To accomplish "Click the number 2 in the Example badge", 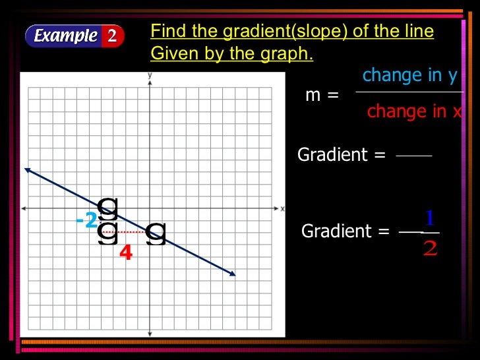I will pyautogui.click(x=112, y=36).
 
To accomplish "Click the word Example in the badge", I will pyautogui.click(x=65, y=36).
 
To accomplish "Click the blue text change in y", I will pyautogui.click(x=409, y=76).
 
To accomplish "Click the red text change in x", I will pyautogui.click(x=414, y=112).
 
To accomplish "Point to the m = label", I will pyautogui.click(x=322, y=95).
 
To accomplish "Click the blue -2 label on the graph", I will pyautogui.click(x=86, y=220).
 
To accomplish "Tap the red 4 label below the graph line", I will pyautogui.click(x=125, y=253).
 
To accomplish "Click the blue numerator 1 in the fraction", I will pyautogui.click(x=430, y=218).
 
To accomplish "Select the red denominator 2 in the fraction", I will pyautogui.click(x=430, y=249).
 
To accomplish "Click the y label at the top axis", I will pyautogui.click(x=150, y=75).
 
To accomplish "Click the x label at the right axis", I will pyautogui.click(x=283, y=208).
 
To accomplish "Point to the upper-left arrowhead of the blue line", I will pyautogui.click(x=27, y=169).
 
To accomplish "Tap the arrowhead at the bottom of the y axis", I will pyautogui.click(x=150, y=333).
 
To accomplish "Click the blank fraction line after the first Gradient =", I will pyautogui.click(x=413, y=156).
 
